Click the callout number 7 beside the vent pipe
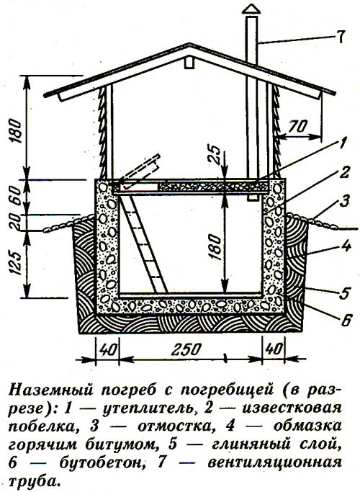coord(341,37)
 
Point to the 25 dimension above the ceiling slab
coord(216,153)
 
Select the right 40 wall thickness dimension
coord(274,349)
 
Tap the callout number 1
coord(343,143)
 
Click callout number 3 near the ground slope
coord(345,202)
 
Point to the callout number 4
coord(346,246)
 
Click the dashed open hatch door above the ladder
coord(139,171)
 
